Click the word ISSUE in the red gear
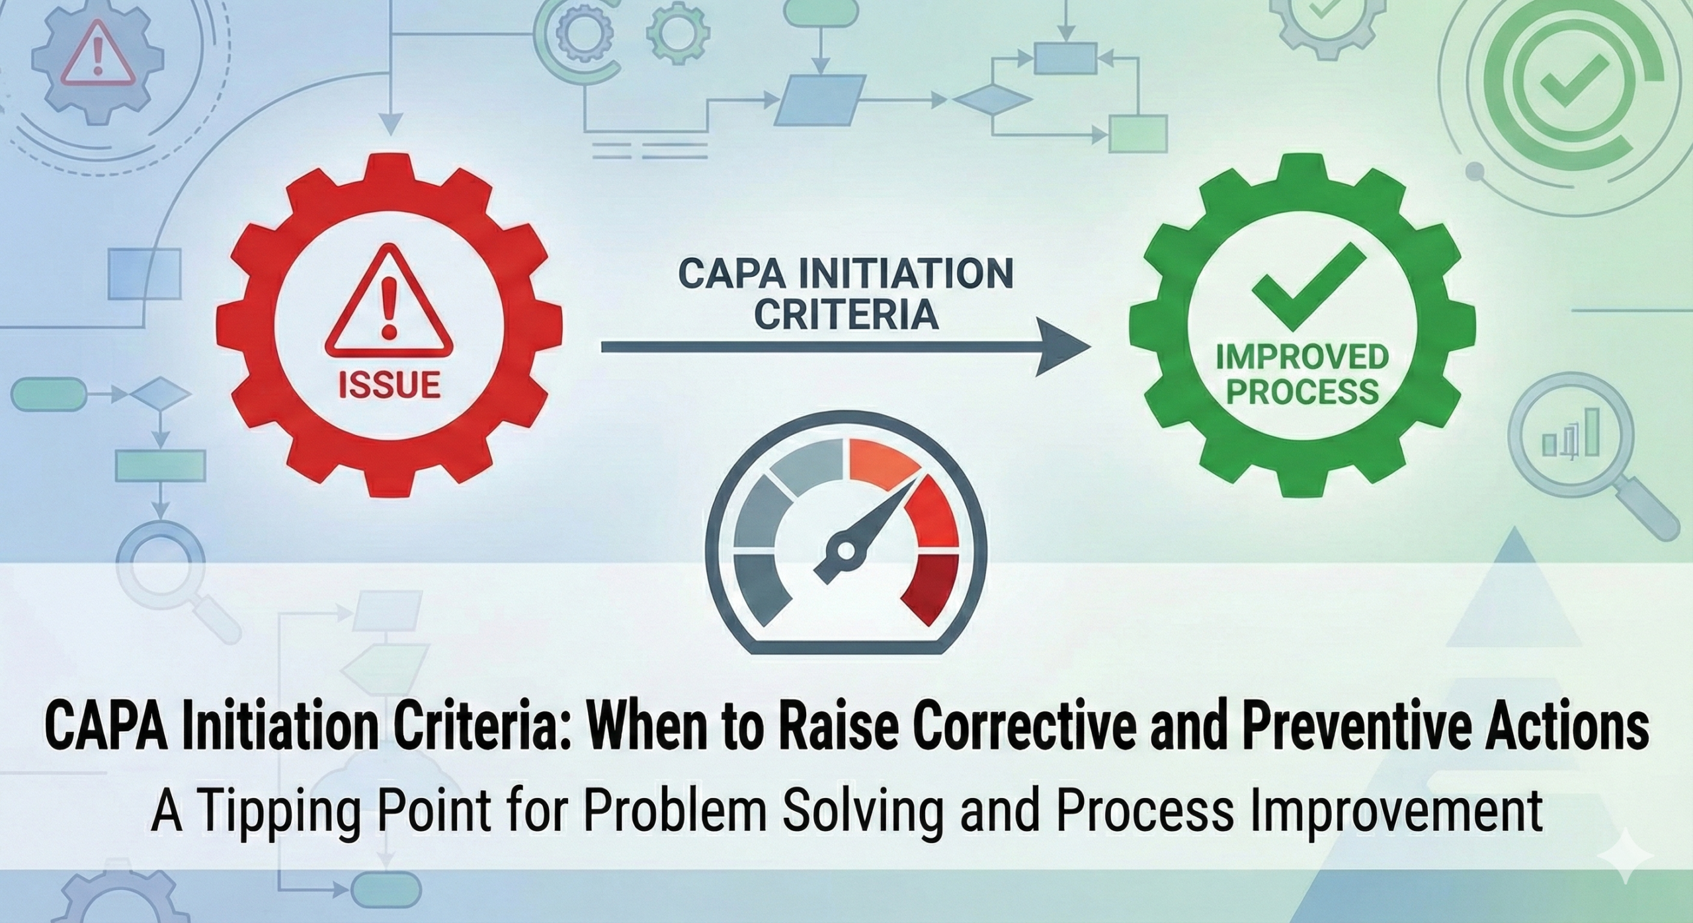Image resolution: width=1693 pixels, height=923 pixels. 389,385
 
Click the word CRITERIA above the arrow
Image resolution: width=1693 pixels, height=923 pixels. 846,315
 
